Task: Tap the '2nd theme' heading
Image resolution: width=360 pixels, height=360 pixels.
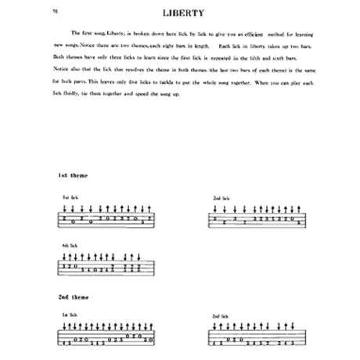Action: click(70, 299)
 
